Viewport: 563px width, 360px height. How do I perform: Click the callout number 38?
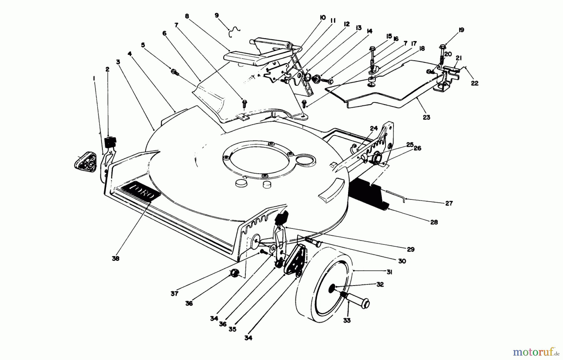pyautogui.click(x=115, y=259)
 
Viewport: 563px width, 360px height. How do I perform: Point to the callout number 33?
pyautogui.click(x=347, y=321)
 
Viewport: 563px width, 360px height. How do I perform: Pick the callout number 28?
pyautogui.click(x=434, y=222)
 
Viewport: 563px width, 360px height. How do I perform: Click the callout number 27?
pyautogui.click(x=449, y=203)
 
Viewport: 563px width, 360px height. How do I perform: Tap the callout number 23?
pyautogui.click(x=426, y=117)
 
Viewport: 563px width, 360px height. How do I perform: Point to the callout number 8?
pyautogui.click(x=187, y=16)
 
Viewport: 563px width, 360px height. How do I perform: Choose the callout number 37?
pyautogui.click(x=174, y=293)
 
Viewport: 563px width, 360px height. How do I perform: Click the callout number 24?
pyautogui.click(x=374, y=128)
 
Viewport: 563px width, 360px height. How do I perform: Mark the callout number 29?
pyautogui.click(x=410, y=249)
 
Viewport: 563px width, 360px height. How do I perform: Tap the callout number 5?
pyautogui.click(x=143, y=45)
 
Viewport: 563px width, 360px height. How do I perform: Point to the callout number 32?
pyautogui.click(x=380, y=285)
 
